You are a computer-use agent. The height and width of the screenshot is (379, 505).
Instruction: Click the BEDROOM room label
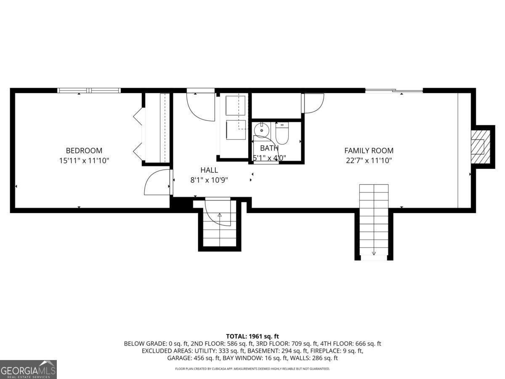[84, 150]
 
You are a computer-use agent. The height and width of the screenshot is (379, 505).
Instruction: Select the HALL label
[209, 170]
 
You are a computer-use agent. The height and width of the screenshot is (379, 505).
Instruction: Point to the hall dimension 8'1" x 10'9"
[209, 180]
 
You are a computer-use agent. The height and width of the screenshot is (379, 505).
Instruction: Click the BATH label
[269, 148]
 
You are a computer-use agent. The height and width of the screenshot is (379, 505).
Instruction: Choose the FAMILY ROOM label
[369, 150]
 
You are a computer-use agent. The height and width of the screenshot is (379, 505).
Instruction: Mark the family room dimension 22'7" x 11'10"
[369, 160]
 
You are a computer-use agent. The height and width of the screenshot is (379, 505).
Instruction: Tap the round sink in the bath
[262, 130]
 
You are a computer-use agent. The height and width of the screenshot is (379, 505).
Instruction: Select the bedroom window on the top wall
[89, 90]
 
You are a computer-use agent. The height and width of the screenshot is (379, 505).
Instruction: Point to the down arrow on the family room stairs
[374, 253]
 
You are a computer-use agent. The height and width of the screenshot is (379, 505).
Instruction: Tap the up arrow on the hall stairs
[219, 215]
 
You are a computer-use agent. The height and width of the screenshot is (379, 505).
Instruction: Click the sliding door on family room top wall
[393, 90]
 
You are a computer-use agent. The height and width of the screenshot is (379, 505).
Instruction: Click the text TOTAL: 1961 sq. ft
[252, 336]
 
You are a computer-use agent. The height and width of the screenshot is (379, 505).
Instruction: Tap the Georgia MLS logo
[28, 369]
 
